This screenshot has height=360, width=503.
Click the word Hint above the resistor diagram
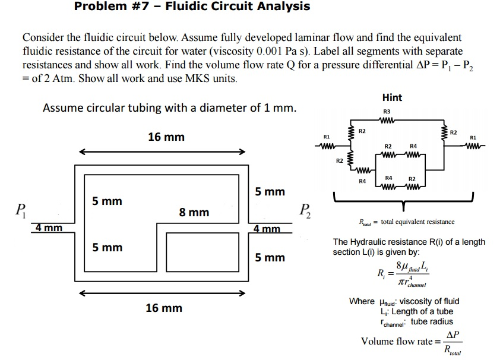tap(392, 97)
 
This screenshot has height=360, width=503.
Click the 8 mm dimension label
tap(194, 212)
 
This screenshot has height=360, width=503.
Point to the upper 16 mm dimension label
tap(166, 137)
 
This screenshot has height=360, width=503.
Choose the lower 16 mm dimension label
tap(164, 308)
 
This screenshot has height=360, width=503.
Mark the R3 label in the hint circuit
tap(387, 111)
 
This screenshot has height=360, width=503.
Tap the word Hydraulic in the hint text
tap(372, 242)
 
